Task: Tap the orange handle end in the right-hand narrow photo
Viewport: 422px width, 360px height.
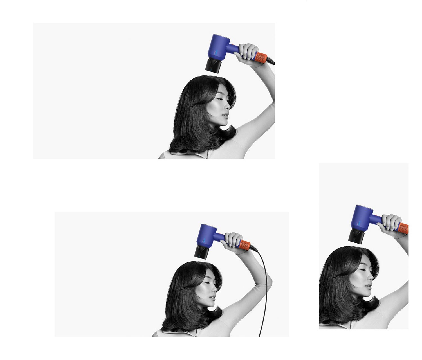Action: pos(404,228)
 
